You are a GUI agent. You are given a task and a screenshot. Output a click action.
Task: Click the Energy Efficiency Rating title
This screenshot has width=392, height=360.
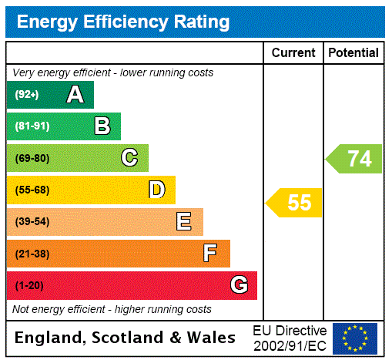coord(122,22)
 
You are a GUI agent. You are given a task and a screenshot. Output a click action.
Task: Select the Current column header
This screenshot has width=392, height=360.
coord(293,53)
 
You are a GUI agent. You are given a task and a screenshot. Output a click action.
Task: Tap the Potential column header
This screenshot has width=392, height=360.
coord(353,53)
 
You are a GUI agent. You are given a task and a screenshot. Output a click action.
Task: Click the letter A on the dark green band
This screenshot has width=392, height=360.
coord(75,95)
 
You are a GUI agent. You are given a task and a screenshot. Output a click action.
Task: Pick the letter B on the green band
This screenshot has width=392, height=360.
coord(102,126)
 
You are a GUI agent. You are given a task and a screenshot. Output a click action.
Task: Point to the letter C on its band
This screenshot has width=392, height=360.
coord(129,158)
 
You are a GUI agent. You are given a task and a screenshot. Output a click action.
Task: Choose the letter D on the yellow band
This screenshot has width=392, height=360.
coord(156,190)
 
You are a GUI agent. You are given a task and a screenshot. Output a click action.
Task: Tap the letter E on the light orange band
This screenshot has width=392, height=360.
coord(183,222)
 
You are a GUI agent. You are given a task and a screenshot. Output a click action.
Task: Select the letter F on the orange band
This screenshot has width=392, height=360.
coord(209,254)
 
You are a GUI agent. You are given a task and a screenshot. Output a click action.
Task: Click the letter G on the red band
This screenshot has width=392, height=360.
coord(239,285)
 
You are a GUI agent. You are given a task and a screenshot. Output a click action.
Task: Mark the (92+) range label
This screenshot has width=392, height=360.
coord(27,95)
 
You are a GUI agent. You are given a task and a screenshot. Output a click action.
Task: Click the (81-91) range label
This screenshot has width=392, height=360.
coord(32,126)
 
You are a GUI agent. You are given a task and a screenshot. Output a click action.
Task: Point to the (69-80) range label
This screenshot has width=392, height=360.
coord(32,158)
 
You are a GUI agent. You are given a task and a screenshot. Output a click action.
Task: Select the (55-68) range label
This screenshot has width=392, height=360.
coord(32,190)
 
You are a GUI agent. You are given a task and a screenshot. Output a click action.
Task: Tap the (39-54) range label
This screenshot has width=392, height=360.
coord(32,222)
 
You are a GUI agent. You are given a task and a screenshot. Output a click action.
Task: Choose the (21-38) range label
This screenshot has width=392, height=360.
coord(32,254)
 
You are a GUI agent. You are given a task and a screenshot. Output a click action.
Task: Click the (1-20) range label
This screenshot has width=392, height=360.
coord(29,285)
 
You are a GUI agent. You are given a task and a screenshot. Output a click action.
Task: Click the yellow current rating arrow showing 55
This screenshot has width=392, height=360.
coord(296,203)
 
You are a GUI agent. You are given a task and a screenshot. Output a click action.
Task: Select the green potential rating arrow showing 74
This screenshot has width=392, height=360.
coord(355,159)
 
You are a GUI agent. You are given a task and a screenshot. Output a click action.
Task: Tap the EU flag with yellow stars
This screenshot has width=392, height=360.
coord(355,338)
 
